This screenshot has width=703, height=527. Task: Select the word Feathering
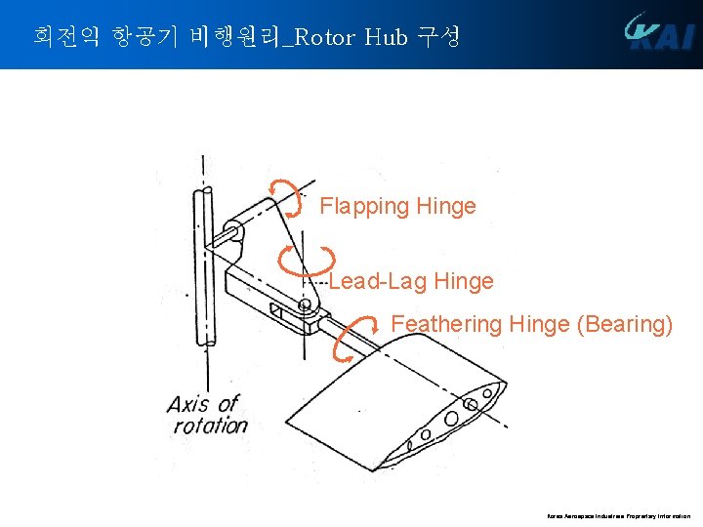446,324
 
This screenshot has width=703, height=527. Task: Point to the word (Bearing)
625,324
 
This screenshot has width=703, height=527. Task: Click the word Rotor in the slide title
325,38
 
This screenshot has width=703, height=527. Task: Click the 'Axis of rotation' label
206,414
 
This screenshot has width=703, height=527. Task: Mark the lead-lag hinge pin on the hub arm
306,305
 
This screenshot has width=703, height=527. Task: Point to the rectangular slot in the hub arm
279,312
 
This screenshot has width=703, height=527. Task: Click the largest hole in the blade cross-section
451,419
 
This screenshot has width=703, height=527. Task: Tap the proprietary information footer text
618,515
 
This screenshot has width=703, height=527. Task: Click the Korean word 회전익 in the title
56,38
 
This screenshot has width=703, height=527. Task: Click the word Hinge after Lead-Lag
463,282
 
